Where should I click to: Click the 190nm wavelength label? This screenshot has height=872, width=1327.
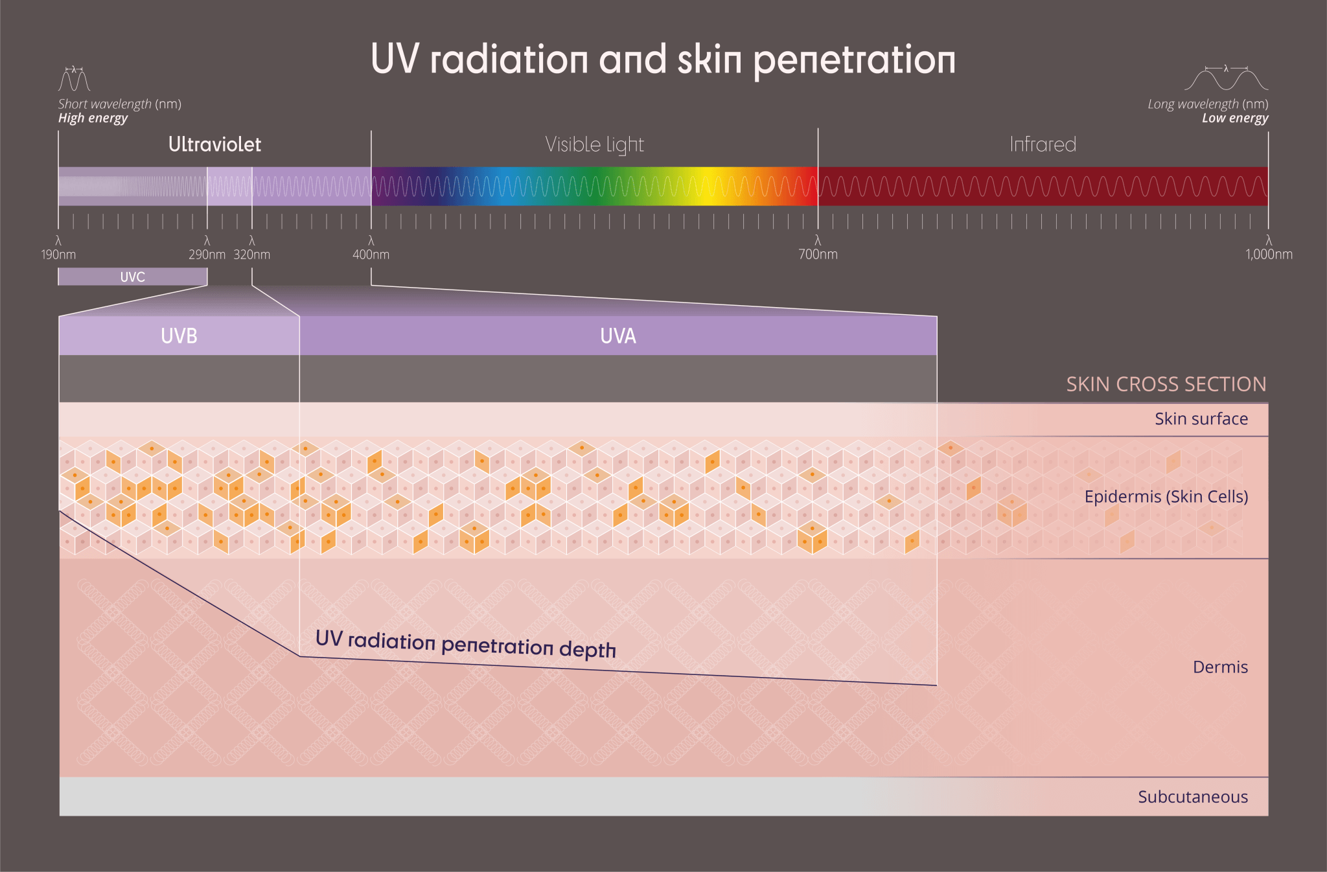pos(58,255)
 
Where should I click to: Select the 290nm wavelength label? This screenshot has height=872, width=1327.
pos(207,255)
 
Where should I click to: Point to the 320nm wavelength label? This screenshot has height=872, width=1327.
pos(252,255)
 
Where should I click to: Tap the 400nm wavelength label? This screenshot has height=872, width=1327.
pos(371,255)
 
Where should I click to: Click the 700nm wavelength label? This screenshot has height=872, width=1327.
pos(818,255)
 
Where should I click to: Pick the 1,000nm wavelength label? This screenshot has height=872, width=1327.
pos(1268,255)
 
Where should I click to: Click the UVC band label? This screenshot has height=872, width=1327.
pos(133,277)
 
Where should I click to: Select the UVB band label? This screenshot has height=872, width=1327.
pos(179,336)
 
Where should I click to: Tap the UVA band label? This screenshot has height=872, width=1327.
pos(618,336)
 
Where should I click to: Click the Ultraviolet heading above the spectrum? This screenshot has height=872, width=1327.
pos(214,144)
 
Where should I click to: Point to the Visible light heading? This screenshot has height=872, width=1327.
pos(594,145)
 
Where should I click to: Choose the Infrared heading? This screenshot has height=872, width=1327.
pos(1043,144)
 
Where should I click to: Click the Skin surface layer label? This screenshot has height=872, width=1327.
pos(1201,419)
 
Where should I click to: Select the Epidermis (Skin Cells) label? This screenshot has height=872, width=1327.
pos(1166,497)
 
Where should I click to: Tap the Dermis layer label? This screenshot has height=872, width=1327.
pos(1220,667)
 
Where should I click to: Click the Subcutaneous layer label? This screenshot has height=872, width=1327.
pos(1192,797)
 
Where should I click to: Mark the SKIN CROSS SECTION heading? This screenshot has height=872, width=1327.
pos(1166,384)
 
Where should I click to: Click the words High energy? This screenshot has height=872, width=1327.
pos(93,119)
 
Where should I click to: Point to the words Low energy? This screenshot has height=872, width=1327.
pos(1234,119)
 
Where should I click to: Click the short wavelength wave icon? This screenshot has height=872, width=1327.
pos(74,79)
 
